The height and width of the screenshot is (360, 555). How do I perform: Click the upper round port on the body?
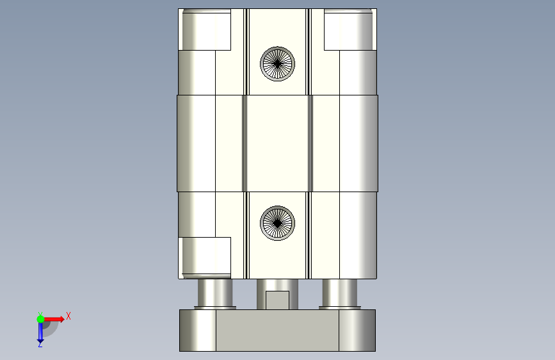click(x=278, y=64)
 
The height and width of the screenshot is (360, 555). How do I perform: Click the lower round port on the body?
click(x=278, y=223)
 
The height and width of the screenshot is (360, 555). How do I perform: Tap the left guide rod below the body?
click(x=215, y=293)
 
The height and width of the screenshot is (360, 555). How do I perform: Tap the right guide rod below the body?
click(x=340, y=293)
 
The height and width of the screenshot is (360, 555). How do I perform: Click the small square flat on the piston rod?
click(x=278, y=300)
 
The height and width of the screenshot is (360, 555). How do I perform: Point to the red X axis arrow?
click(x=54, y=319)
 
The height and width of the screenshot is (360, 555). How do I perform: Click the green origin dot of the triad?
click(x=40, y=319)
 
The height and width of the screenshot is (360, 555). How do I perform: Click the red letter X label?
click(x=68, y=316)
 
